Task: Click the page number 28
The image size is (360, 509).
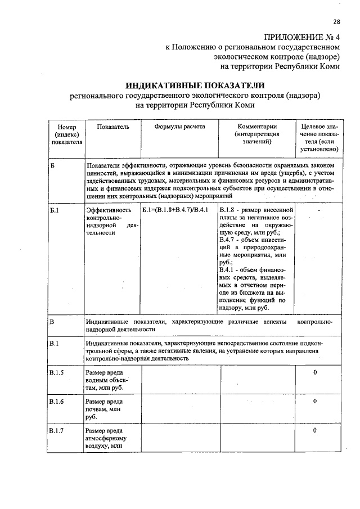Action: click(x=336, y=22)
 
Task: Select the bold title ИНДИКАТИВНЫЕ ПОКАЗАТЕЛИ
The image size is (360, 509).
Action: click(x=195, y=85)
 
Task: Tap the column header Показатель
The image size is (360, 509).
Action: click(x=112, y=127)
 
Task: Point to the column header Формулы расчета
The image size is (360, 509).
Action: click(x=179, y=127)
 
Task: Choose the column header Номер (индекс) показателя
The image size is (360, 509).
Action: click(x=67, y=135)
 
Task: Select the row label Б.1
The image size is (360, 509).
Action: click(x=55, y=210)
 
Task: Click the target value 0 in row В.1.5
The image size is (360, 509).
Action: click(x=315, y=372)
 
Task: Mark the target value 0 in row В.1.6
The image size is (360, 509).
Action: click(x=315, y=402)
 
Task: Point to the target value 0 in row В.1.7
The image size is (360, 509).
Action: click(x=315, y=431)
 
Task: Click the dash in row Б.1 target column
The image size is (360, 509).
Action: click(x=319, y=210)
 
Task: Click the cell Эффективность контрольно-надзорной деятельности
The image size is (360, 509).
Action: click(x=111, y=221)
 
